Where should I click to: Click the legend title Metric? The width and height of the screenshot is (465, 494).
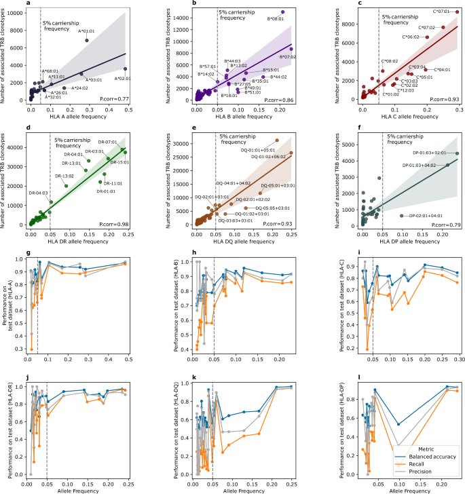(425, 449)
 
